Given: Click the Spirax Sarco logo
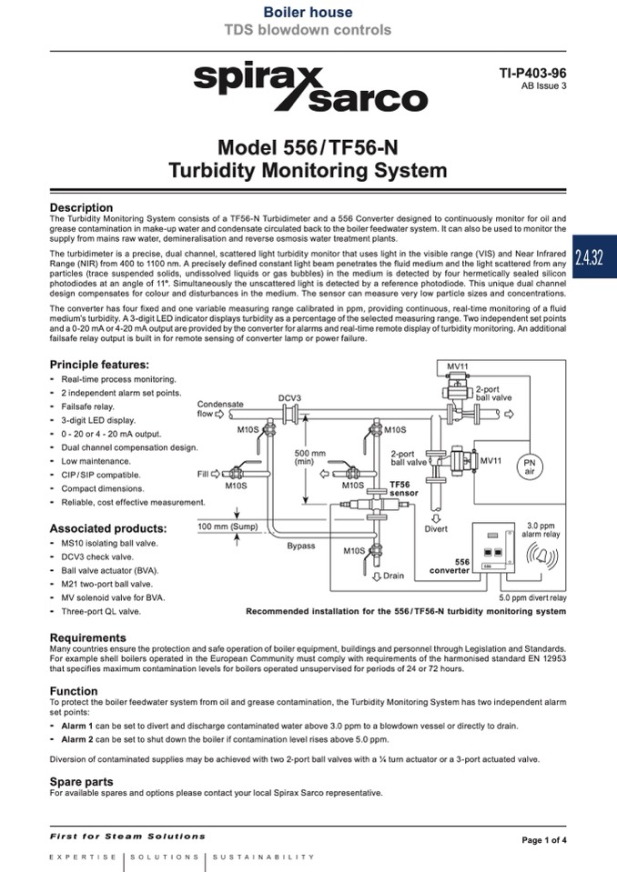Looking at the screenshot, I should coord(309,87).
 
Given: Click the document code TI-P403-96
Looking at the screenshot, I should coord(533,73).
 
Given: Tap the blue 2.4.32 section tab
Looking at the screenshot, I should coord(596,255).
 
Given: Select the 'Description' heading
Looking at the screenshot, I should coord(81,207).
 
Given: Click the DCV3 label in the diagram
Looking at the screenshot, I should coord(290,397).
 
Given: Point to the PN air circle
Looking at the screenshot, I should coord(529,466).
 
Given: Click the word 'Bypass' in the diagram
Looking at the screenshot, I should coord(301,546).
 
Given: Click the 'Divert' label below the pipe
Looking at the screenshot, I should coord(436,529).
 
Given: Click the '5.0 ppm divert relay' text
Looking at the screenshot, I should coord(532,598).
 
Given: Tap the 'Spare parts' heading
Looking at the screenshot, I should coord(81,781).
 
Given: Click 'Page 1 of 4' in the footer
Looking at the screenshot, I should coord(543,840).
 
